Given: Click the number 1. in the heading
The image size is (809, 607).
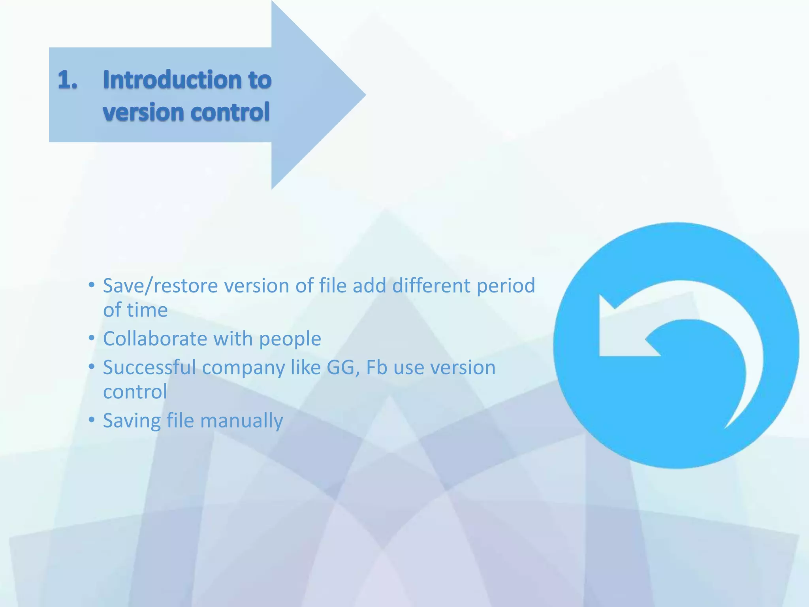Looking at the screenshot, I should [x=68, y=80].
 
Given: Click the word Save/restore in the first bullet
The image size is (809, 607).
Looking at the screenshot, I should [x=160, y=286].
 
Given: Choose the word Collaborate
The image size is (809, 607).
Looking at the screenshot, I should [x=155, y=339].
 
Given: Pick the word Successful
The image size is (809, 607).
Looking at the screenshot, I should [x=149, y=367].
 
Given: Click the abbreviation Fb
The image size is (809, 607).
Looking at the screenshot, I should [x=376, y=367].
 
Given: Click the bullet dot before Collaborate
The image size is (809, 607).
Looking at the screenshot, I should [x=92, y=338].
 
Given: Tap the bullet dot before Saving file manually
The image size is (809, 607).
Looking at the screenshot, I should [x=92, y=420].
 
